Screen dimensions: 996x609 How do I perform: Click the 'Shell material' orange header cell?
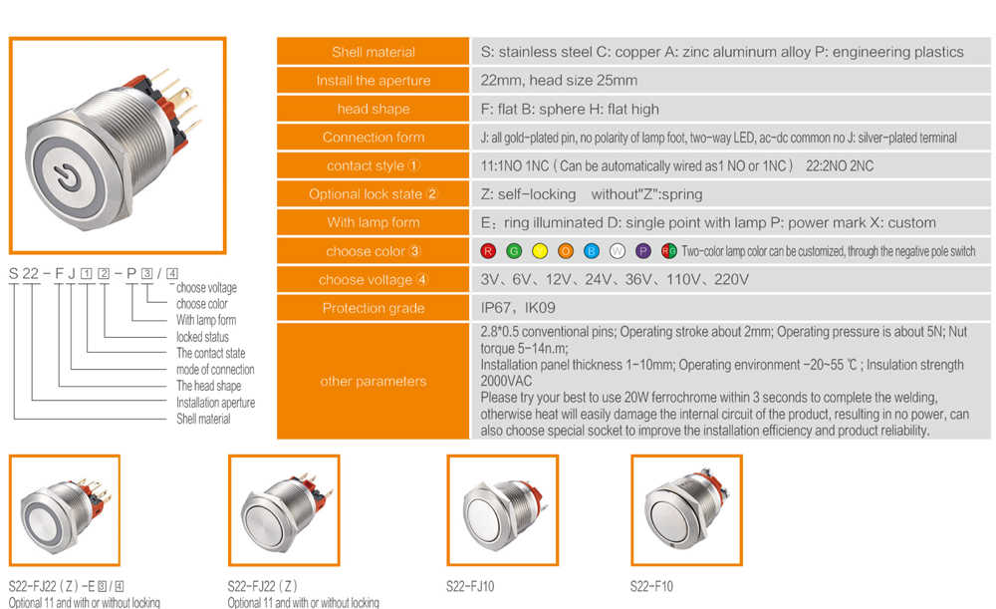click(373, 52)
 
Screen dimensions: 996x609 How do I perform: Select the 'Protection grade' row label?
click(373, 308)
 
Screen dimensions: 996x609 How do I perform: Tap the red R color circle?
click(488, 251)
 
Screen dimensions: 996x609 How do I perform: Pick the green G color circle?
click(514, 251)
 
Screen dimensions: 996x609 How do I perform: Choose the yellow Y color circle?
click(540, 251)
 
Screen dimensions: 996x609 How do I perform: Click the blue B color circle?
click(592, 251)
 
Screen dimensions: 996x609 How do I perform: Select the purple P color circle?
click(642, 251)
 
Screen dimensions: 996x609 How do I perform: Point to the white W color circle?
click(618, 251)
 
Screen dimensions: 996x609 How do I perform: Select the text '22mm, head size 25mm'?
click(559, 80)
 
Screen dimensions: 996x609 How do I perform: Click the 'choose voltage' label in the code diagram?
click(206, 287)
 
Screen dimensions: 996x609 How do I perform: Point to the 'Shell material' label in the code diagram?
click(203, 419)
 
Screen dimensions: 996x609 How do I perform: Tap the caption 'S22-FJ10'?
click(470, 586)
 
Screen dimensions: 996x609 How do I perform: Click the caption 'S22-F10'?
click(651, 586)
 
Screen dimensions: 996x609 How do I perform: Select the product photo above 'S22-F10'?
click(686, 510)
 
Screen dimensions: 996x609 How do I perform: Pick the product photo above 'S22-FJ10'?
click(502, 510)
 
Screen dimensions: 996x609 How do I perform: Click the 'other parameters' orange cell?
click(373, 381)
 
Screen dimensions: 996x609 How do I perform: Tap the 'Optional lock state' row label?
click(373, 194)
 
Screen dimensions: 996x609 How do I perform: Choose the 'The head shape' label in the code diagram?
click(208, 386)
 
